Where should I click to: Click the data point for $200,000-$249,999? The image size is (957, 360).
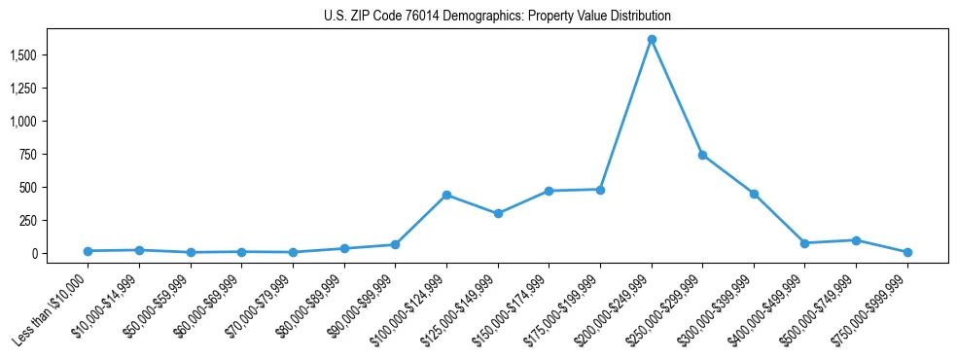652,40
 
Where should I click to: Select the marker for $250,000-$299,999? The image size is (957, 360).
703,155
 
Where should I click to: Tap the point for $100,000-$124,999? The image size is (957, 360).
446,195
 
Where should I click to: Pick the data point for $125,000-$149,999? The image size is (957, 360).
498,213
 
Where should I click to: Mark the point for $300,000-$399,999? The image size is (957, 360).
754,194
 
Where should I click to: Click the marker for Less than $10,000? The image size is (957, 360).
88,251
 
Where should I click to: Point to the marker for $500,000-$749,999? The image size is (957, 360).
856,240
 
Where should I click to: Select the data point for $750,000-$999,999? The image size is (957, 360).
907,252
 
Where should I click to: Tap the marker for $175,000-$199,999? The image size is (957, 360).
600,190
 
